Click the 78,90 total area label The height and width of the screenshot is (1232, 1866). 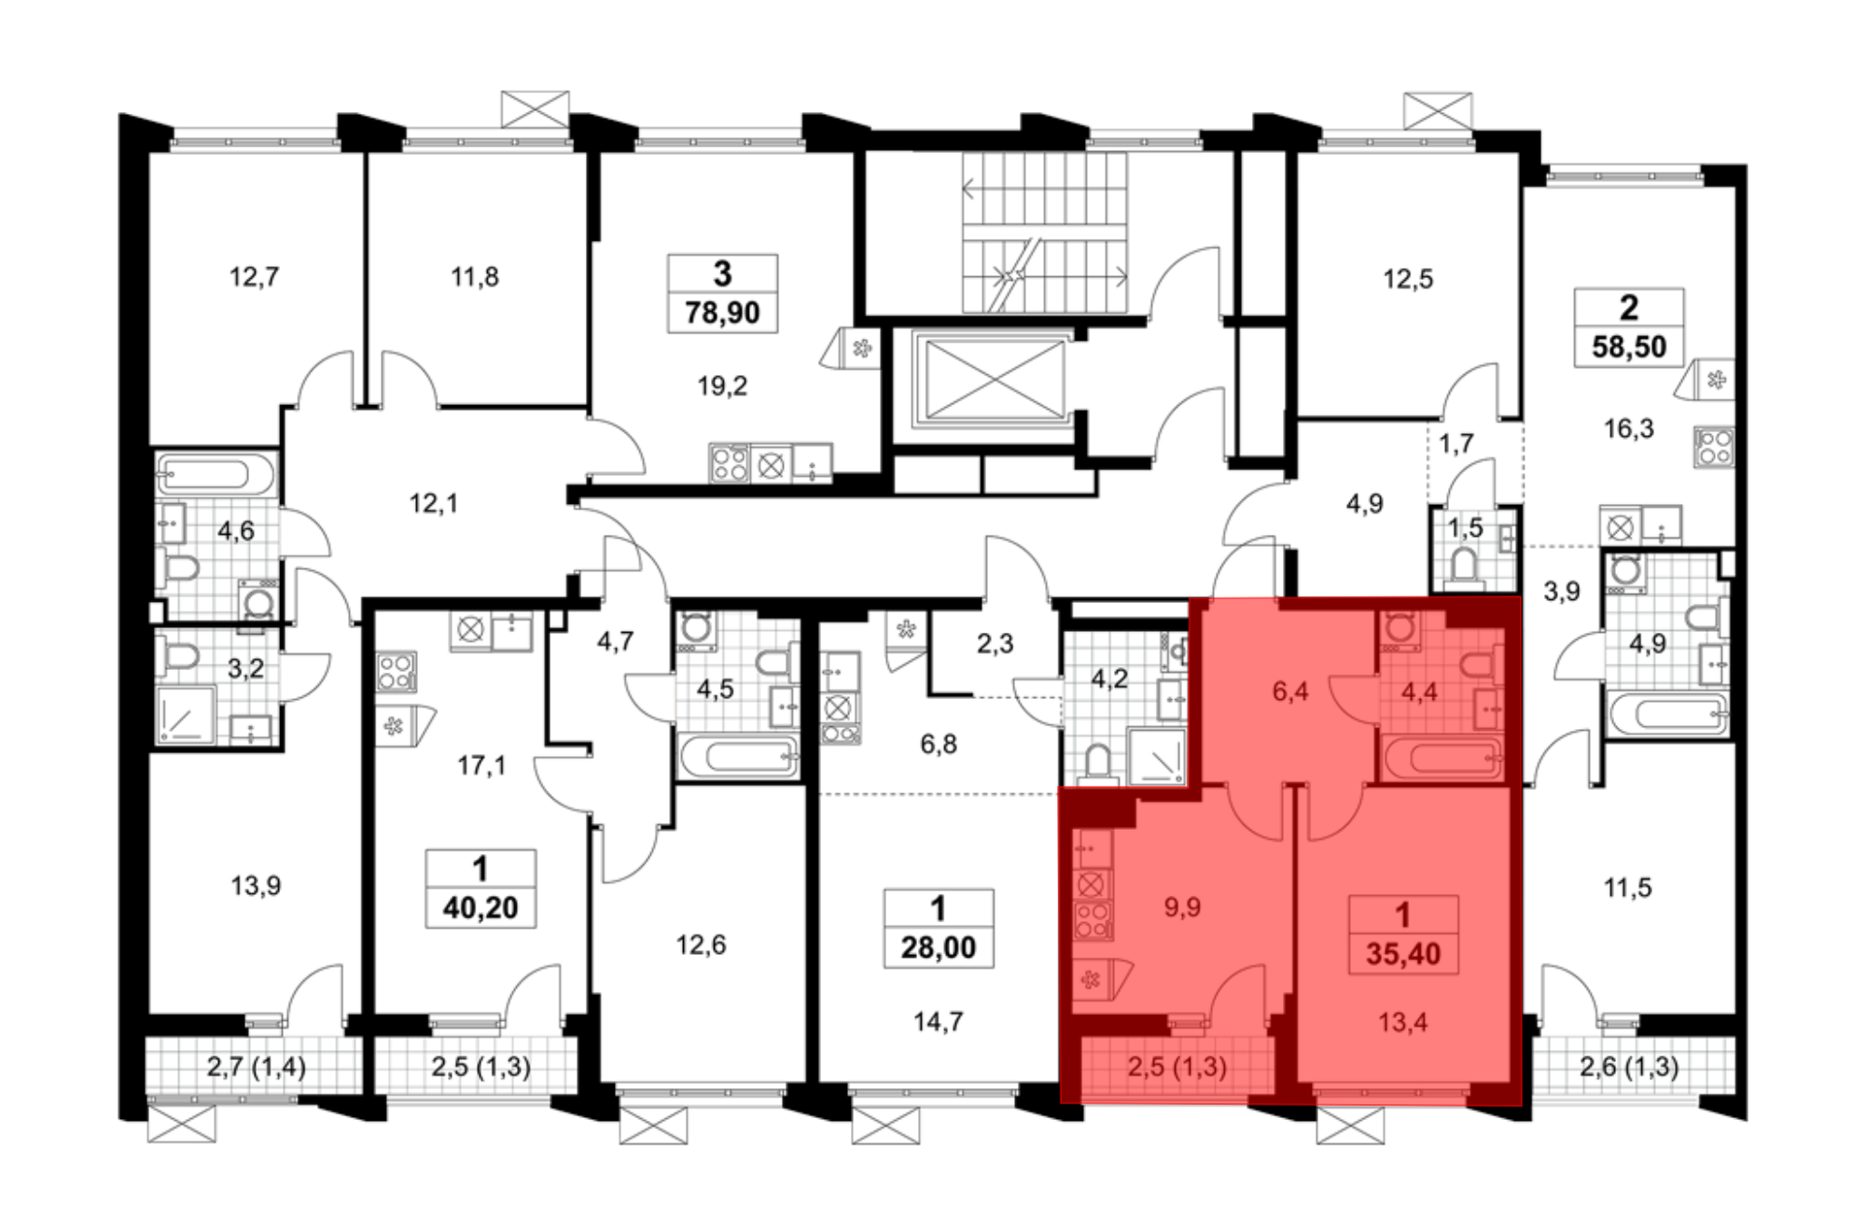point(722,312)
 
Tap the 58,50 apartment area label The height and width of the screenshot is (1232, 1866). point(1629,346)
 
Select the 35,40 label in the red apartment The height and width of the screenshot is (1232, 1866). point(1403,954)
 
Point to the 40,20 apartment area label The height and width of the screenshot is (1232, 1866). point(480,907)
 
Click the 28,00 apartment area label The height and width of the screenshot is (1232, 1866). point(938,947)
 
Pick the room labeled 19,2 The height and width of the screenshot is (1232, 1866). point(722,385)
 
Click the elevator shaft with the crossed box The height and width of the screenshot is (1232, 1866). point(995,380)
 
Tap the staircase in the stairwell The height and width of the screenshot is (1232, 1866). point(1045,233)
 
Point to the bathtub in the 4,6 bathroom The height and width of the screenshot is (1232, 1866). point(216,476)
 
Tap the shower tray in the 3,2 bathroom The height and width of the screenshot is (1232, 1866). point(186,715)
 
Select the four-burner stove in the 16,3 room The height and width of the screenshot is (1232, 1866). point(1714,445)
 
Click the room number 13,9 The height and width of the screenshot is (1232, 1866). point(256,885)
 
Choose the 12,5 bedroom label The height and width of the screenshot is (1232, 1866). point(1408,279)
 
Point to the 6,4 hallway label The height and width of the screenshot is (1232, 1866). point(1290,691)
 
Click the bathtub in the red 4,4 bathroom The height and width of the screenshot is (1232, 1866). point(1443,758)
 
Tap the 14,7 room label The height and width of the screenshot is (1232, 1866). point(938,1022)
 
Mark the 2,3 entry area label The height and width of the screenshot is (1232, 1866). point(995,643)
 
